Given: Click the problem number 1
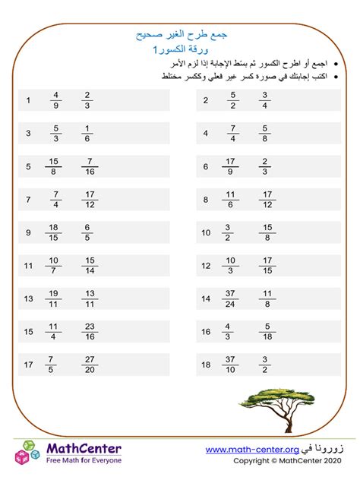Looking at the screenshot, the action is pyautogui.click(x=27, y=100).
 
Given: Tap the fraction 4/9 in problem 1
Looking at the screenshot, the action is pyautogui.click(x=55, y=100).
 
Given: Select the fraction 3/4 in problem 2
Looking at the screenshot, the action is pyautogui.click(x=265, y=100).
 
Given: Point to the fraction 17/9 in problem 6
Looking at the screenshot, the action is pyautogui.click(x=232, y=166).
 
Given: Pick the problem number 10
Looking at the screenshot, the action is pyautogui.click(x=205, y=232).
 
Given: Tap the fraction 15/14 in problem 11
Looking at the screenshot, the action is pyautogui.click(x=90, y=266).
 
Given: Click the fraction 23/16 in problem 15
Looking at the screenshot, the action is pyautogui.click(x=90, y=332).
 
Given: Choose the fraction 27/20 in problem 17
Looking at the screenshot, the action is pyautogui.click(x=90, y=365).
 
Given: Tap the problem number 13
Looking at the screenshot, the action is pyautogui.click(x=28, y=299).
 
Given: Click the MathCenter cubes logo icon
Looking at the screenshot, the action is pyautogui.click(x=27, y=453).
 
